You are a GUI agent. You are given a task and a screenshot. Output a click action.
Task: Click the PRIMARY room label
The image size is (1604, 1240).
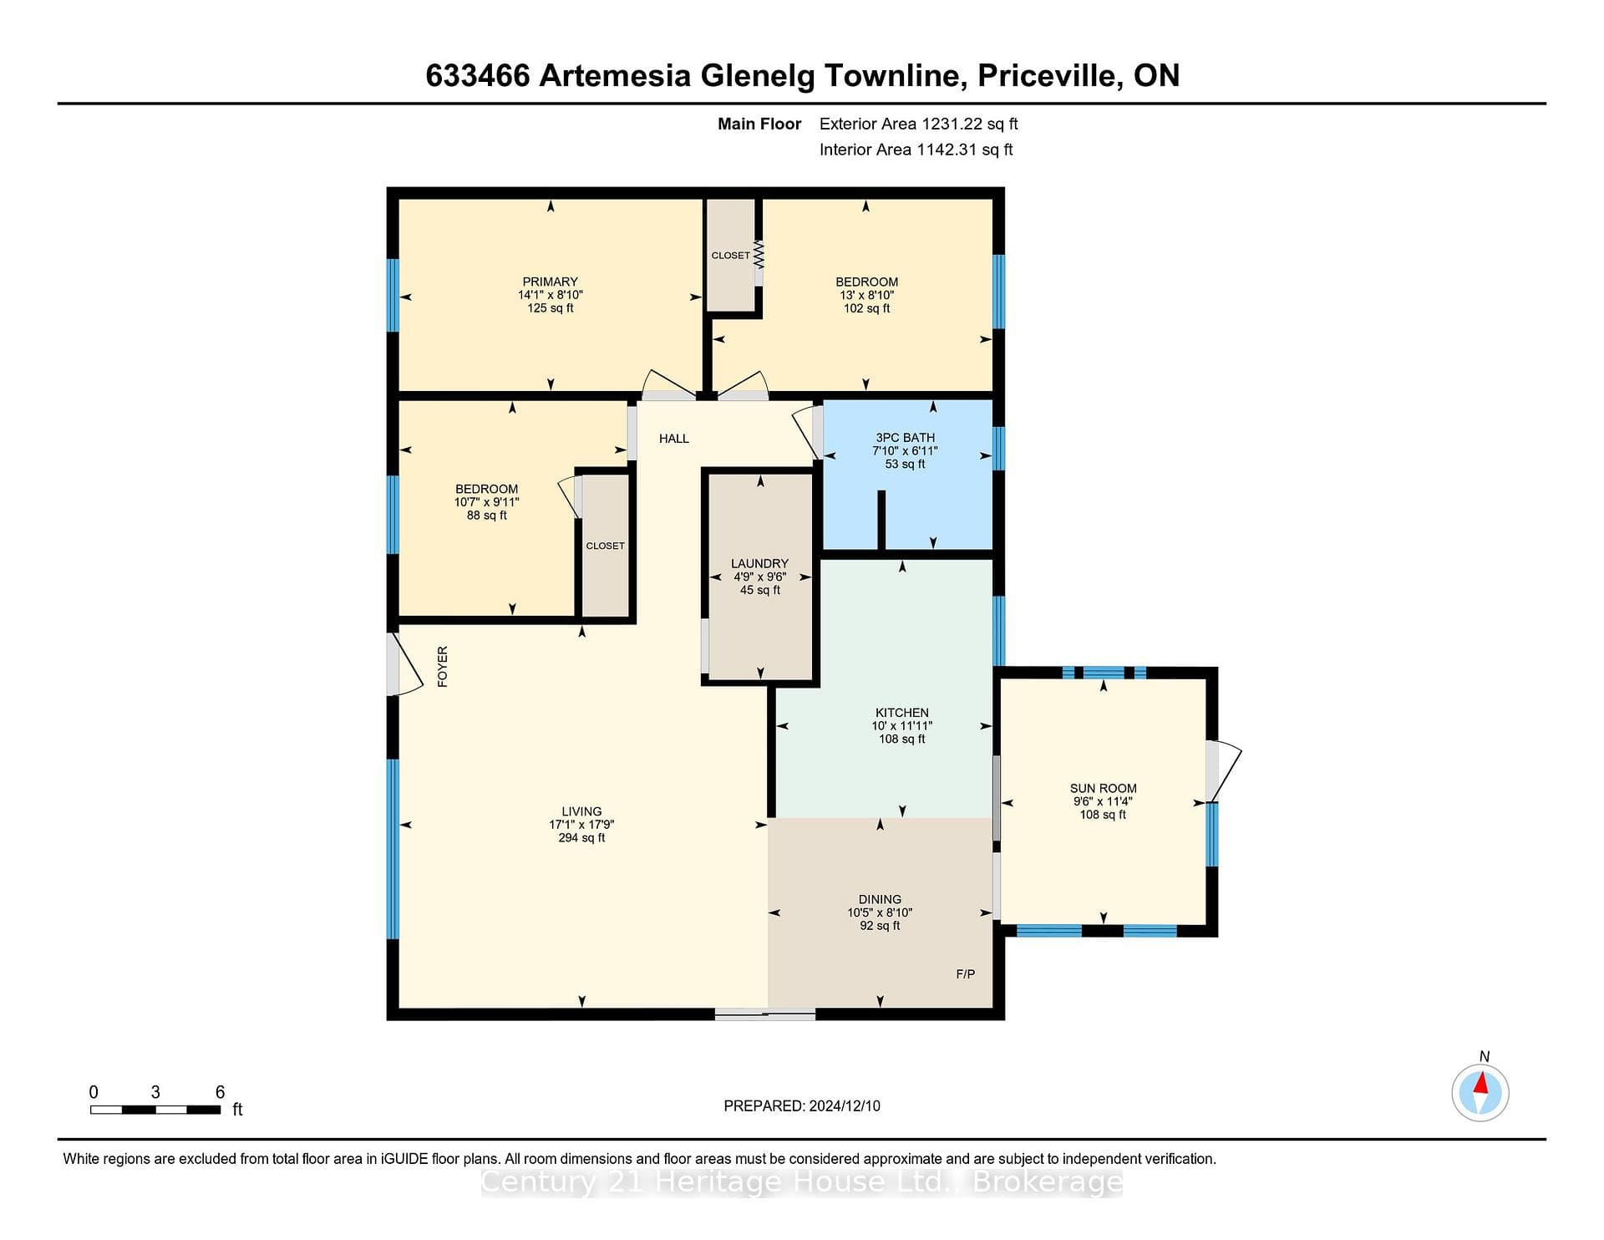click(x=551, y=282)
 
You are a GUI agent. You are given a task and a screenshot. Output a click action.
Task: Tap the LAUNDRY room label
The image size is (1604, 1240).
click(x=759, y=563)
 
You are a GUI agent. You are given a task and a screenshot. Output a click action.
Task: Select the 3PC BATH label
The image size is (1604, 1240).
click(x=905, y=437)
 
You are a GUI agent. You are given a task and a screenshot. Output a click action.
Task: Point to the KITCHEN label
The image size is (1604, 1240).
click(x=902, y=713)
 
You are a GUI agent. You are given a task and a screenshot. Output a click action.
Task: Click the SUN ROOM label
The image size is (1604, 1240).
click(x=1103, y=788)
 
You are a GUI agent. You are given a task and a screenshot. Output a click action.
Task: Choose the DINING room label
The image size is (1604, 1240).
click(x=880, y=899)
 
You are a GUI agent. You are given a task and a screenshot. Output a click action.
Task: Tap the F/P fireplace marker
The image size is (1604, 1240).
click(x=965, y=973)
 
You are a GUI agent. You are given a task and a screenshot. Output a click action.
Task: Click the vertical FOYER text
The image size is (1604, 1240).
click(x=443, y=667)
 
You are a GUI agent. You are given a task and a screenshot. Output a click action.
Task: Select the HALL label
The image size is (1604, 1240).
click(x=674, y=438)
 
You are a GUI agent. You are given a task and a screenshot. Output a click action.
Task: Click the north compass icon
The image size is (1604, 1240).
click(x=1480, y=1091)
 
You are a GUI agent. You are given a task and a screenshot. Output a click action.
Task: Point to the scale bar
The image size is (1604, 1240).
click(x=155, y=1110)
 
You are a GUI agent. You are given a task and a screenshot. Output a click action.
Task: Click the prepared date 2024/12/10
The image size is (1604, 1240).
click(x=845, y=1105)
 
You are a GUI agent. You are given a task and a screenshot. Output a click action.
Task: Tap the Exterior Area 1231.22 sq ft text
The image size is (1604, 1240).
click(x=918, y=124)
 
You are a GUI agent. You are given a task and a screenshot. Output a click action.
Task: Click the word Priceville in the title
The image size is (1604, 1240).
click(x=1048, y=76)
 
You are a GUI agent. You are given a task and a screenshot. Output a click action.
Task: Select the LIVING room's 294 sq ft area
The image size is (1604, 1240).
click(x=581, y=837)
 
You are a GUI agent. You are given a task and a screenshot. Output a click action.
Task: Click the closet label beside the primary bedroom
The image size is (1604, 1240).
click(x=731, y=255)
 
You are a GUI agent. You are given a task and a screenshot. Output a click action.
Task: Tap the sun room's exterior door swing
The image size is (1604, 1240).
click(x=1225, y=770)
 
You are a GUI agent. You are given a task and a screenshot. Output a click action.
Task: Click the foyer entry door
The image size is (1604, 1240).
click(x=405, y=664)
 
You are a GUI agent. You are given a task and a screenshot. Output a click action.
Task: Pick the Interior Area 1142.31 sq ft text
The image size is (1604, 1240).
click(x=916, y=150)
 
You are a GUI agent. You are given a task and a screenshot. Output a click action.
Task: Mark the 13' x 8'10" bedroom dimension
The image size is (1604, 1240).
click(x=866, y=295)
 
